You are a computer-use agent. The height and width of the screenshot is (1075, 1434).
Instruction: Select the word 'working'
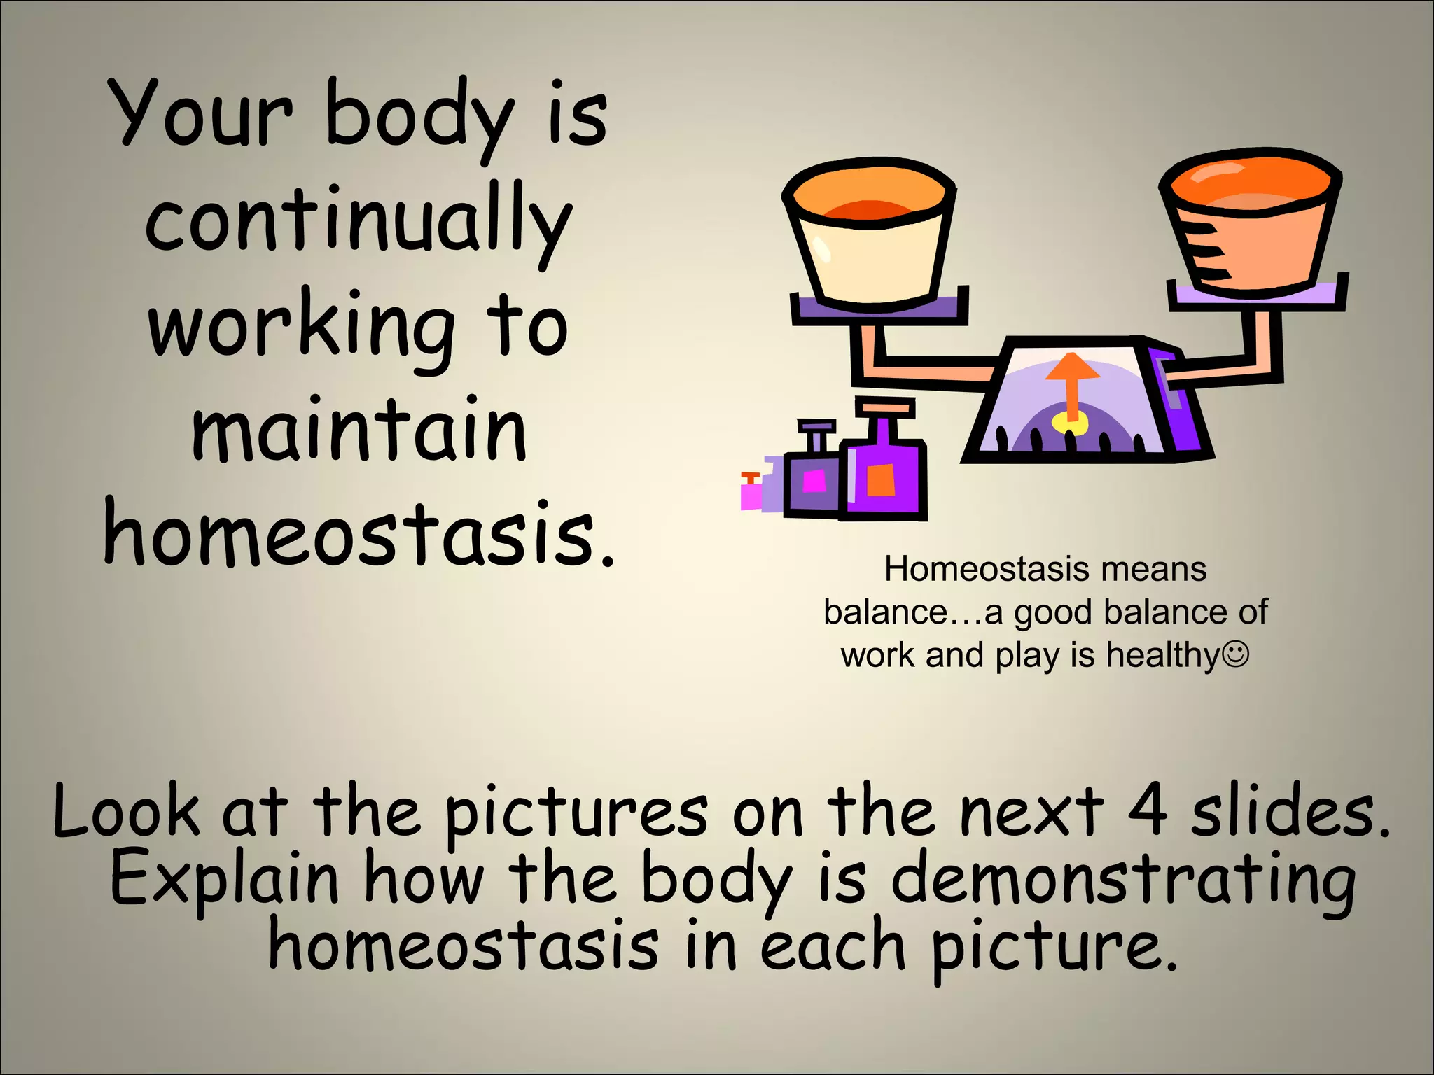coord(301,329)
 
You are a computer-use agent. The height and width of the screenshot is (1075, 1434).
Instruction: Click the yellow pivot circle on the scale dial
coord(1071,423)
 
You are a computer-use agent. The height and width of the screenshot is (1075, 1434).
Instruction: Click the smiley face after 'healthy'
coord(1236,655)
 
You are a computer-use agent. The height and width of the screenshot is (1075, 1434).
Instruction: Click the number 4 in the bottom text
coord(1147,812)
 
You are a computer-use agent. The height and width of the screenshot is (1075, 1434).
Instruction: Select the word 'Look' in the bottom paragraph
coord(126,812)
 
